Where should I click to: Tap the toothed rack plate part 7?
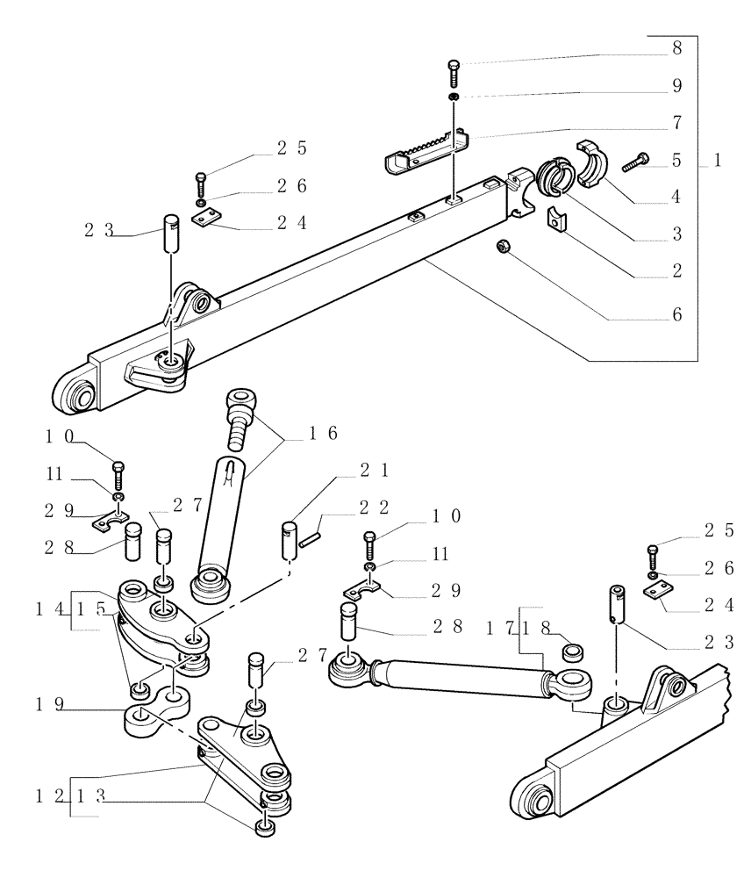tap(426, 151)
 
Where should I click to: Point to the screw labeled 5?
tap(635, 162)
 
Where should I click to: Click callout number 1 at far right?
tap(718, 162)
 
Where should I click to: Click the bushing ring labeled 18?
tap(574, 651)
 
